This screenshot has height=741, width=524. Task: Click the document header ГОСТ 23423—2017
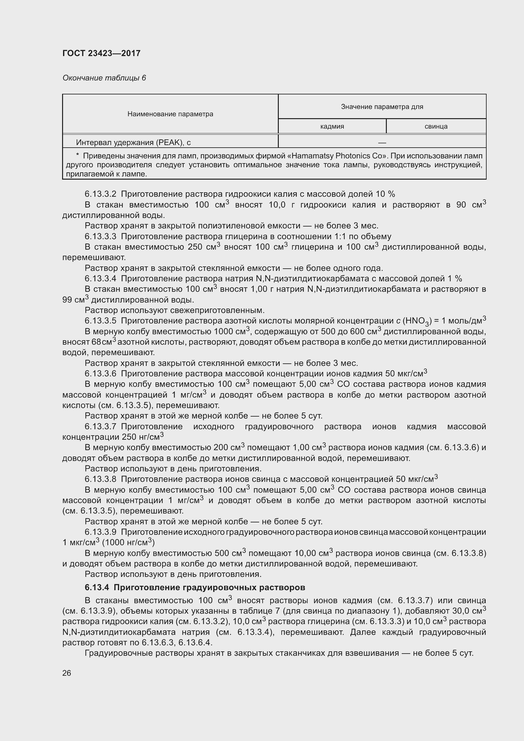[101, 53]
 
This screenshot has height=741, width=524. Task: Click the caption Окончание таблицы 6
[104, 78]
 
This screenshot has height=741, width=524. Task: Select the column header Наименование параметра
[170, 114]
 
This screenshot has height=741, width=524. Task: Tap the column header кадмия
[332, 126]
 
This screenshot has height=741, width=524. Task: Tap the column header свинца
[436, 126]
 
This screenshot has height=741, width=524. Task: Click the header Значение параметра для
[382, 106]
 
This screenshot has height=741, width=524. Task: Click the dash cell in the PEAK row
[382, 142]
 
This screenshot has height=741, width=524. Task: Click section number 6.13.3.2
[100, 194]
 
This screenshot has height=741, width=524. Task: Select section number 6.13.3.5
[100, 321]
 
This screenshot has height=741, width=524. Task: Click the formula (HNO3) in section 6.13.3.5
[417, 321]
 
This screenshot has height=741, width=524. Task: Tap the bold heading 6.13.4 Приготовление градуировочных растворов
[195, 587]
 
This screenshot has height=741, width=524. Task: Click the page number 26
[67, 673]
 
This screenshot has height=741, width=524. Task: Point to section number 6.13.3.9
[100, 532]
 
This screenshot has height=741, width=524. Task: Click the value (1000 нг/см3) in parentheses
[128, 542]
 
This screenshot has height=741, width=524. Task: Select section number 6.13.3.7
[100, 426]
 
